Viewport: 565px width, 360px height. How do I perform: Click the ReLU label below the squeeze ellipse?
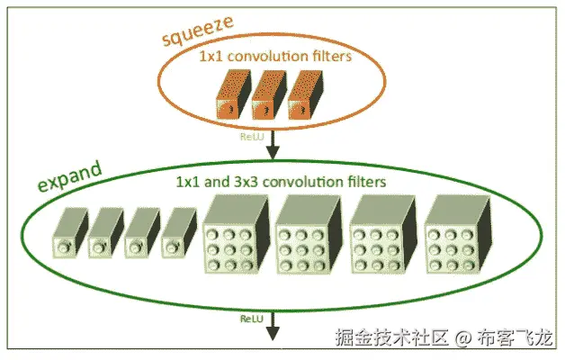click(250, 136)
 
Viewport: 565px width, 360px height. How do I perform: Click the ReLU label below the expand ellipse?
click(251, 319)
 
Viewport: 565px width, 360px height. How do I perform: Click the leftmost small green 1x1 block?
click(69, 236)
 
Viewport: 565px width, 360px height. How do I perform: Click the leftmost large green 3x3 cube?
click(233, 237)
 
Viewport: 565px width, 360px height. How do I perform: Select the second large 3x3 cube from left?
click(307, 237)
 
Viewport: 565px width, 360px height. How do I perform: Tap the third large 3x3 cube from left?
click(381, 237)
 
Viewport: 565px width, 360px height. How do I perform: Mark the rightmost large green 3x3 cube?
click(454, 237)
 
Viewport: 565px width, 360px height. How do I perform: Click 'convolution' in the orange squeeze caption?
click(265, 56)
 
